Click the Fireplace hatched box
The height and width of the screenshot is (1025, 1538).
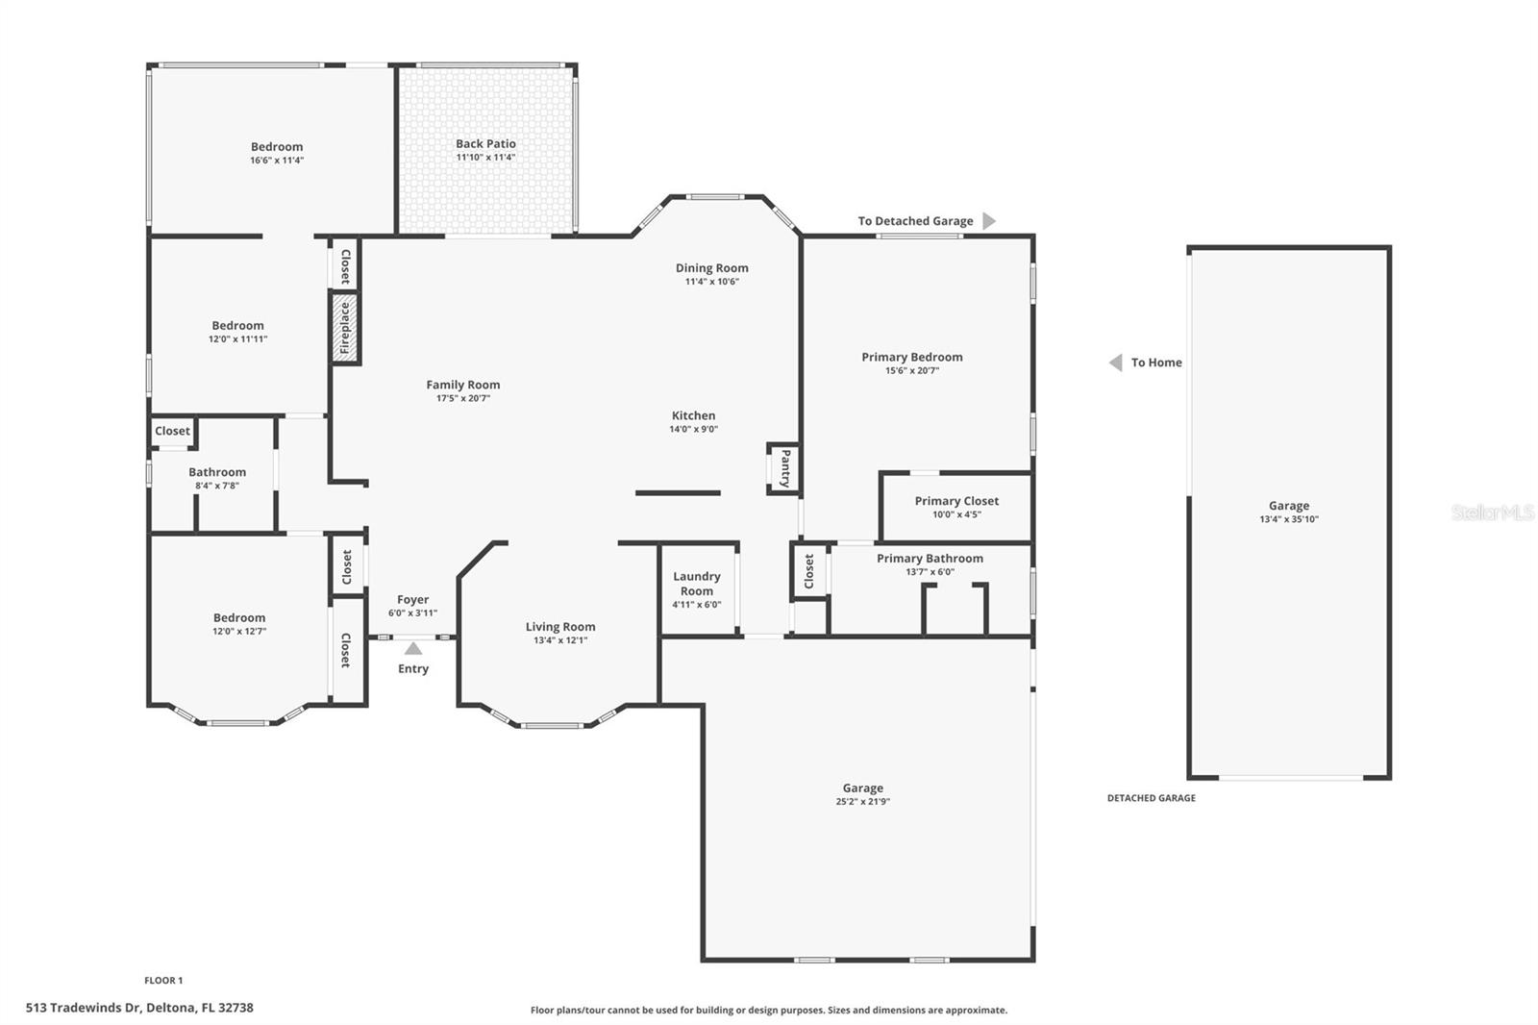tap(345, 328)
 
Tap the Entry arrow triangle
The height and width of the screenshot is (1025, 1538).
tap(413, 649)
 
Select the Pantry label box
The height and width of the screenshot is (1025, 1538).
tap(784, 468)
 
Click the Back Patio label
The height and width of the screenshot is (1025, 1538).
tap(485, 144)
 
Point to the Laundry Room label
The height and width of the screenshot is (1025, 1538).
tap(697, 584)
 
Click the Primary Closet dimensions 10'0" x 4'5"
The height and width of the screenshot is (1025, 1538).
tap(956, 514)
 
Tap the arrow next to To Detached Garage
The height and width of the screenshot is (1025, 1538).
tap(989, 221)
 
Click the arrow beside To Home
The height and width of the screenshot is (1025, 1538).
tap(1115, 362)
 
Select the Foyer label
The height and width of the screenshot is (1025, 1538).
tap(413, 600)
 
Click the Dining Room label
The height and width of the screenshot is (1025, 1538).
tap(711, 268)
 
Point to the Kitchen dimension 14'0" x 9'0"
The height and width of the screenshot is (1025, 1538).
tap(693, 430)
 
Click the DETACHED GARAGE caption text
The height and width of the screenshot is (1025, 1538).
tap(1151, 798)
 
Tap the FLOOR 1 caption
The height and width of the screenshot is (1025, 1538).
tap(163, 981)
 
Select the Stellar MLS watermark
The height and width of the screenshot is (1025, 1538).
tap(1492, 512)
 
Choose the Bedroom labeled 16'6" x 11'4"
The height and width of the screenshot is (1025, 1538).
tap(277, 153)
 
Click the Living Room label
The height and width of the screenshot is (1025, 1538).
tap(560, 627)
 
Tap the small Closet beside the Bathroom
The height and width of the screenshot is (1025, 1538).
tap(173, 431)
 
